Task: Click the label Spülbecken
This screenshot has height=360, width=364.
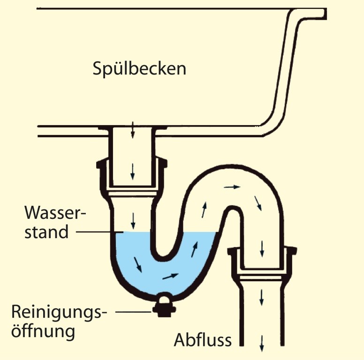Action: pyautogui.click(x=139, y=69)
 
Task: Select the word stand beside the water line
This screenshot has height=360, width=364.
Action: pyautogui.click(x=47, y=232)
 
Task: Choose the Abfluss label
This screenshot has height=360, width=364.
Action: pyautogui.click(x=203, y=340)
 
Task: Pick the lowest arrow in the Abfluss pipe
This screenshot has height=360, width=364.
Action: pyautogui.click(x=261, y=341)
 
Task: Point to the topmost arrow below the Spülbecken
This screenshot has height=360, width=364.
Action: pyautogui.click(x=133, y=128)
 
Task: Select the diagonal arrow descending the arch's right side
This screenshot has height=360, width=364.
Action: pyautogui.click(x=258, y=202)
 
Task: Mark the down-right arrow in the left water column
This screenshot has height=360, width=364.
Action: pyautogui.click(x=138, y=263)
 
